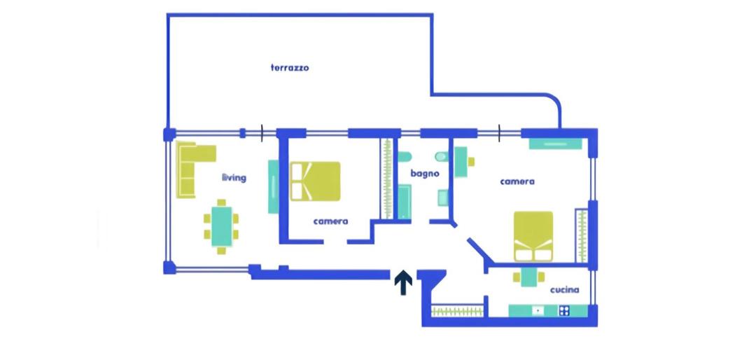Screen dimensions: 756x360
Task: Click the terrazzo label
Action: [x=289, y=67]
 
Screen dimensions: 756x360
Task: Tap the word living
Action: [x=234, y=178]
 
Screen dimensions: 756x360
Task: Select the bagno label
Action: [x=425, y=173]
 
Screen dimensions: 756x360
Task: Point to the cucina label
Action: [x=565, y=290]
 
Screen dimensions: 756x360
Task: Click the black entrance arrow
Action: [x=403, y=283]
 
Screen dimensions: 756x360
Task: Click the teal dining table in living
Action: [x=222, y=226]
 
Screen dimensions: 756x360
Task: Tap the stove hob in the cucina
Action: [x=564, y=311]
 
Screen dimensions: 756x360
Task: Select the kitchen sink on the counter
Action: [x=538, y=311]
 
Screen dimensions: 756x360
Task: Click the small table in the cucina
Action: [x=528, y=277]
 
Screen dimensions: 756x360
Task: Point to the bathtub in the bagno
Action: [x=404, y=203]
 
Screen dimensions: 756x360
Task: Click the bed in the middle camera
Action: [x=315, y=181]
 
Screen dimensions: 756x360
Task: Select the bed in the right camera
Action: [x=533, y=237]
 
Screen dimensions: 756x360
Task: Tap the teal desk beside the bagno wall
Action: [x=461, y=162]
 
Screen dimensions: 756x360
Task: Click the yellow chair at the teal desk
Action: [x=471, y=162]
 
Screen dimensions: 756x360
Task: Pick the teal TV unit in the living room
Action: [x=274, y=186]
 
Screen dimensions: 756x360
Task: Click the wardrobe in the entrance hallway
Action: [x=457, y=311]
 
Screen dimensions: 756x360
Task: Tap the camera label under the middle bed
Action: [x=330, y=221]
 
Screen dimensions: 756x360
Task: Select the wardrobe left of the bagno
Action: [x=387, y=179]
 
